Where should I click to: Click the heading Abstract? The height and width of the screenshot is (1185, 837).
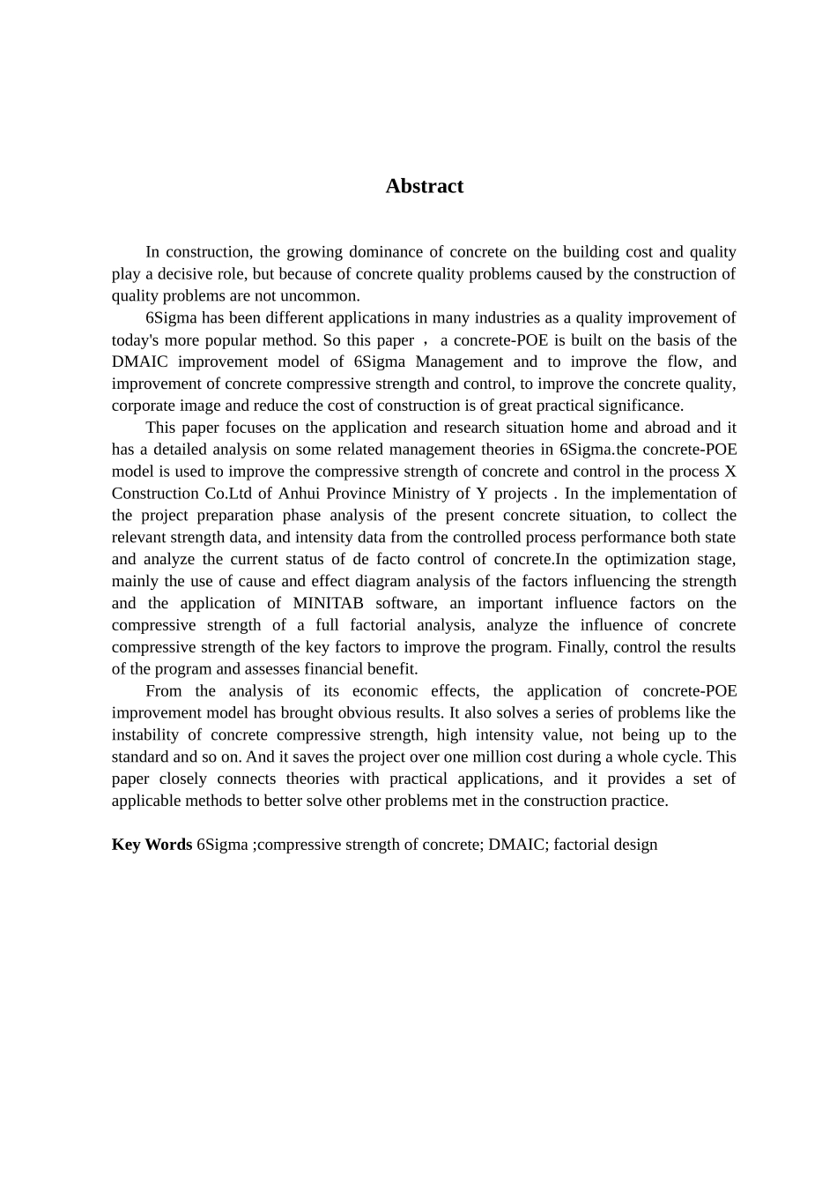[x=424, y=186]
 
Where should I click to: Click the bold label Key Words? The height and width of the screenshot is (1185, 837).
[x=152, y=845]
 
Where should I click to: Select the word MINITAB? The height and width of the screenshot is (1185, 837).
[x=328, y=604]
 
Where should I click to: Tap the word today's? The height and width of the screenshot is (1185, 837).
[x=137, y=340]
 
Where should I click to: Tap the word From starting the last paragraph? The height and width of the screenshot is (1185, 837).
[x=163, y=691]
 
